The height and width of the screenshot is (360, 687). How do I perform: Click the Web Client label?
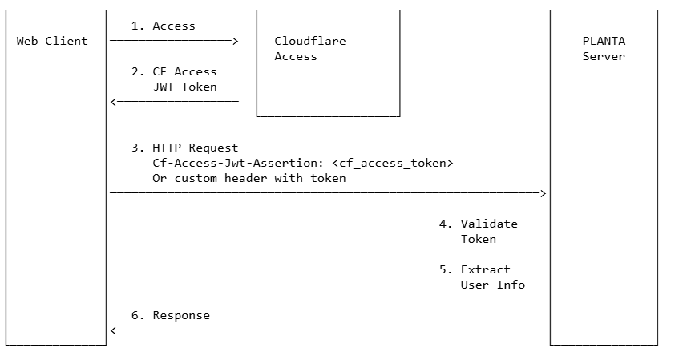[52, 41]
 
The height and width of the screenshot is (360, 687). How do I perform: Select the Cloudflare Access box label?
[310, 49]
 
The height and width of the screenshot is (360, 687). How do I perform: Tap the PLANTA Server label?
[604, 49]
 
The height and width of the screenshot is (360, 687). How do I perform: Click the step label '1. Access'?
[163, 26]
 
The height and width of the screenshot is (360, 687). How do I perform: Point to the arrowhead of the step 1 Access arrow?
[235, 41]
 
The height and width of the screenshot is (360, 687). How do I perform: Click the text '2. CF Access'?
[174, 71]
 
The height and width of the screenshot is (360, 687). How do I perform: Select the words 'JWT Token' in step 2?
[184, 87]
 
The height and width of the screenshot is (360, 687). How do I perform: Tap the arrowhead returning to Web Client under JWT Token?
[114, 102]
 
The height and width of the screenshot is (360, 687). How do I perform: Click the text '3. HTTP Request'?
[184, 148]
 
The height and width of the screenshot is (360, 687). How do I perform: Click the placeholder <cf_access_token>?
[395, 163]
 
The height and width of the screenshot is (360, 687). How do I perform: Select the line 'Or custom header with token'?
[249, 178]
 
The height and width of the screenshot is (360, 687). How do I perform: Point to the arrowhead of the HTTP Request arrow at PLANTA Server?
[543, 193]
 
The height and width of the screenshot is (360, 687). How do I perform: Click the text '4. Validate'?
[478, 224]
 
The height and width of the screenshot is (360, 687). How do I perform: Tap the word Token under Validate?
[478, 239]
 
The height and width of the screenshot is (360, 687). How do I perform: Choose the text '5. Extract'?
[475, 269]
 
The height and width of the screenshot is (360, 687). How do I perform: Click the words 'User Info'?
[492, 285]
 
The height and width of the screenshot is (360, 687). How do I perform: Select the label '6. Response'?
[170, 315]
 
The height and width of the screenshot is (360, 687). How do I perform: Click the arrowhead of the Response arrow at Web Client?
[114, 330]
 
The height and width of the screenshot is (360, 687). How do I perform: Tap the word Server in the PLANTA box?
[604, 56]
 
